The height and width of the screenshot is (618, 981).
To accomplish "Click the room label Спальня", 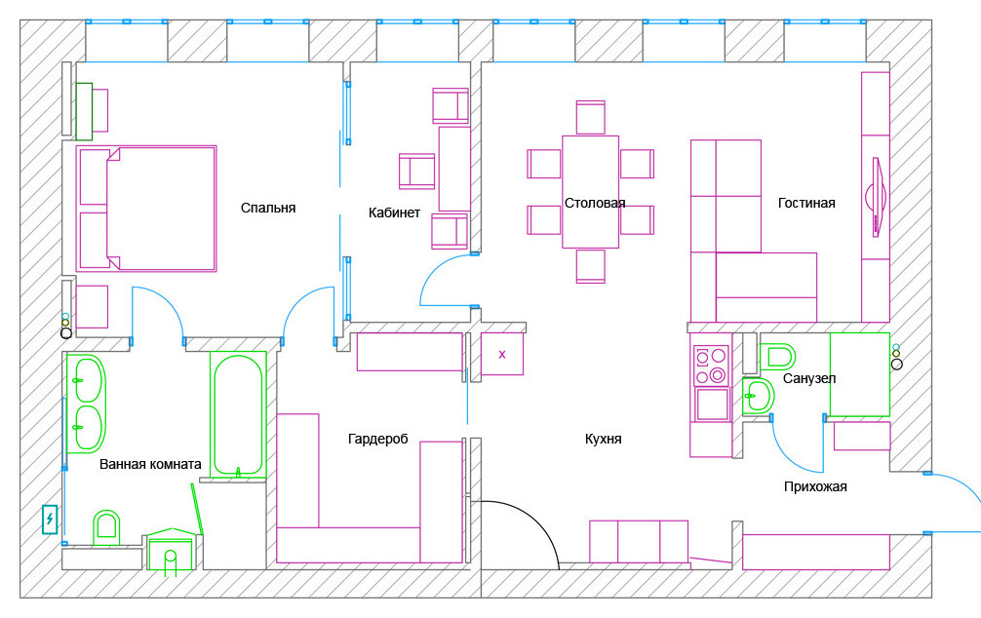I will coord(268,208).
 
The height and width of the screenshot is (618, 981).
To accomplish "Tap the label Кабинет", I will coord(394,212).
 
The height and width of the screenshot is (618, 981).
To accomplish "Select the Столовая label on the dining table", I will coord(595,203).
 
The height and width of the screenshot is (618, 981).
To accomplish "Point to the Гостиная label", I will coord(806,203).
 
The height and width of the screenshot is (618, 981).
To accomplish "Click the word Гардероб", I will coord(377,440).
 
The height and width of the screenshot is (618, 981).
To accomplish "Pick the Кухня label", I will coord(604,440).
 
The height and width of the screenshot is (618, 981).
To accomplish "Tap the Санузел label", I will coord(808,378).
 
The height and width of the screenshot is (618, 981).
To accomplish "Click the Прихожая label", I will coord(815,486).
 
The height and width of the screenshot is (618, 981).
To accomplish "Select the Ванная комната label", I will coord(150,464).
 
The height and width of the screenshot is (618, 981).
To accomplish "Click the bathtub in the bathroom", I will coord(238,414).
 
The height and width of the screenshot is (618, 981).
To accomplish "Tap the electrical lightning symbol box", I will coord(49,520).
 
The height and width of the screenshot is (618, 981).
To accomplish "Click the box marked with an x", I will coord(502,355).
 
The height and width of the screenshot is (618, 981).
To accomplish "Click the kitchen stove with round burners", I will coord(711,366).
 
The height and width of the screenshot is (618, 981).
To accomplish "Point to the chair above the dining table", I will coord(591,117).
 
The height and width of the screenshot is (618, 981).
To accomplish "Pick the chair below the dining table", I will coord(591,265).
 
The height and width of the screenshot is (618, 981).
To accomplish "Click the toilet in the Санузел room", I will coord(777,355).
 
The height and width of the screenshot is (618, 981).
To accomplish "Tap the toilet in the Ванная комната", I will coord(106,527).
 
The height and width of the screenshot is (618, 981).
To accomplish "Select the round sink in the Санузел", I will coord(759,395).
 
